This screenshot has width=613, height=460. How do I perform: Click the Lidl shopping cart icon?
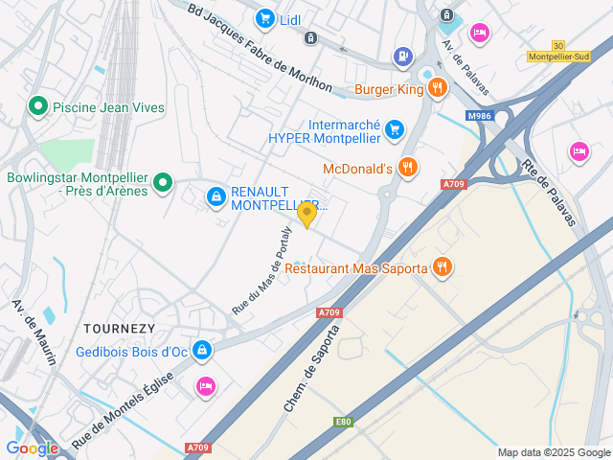(264, 18)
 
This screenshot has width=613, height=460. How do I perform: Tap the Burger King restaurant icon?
(438, 89)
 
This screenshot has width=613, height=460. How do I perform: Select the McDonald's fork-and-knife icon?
(408, 168)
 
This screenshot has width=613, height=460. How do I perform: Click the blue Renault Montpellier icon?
(216, 197)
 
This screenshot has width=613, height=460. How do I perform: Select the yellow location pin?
(306, 215)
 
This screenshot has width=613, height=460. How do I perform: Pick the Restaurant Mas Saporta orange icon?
(443, 267)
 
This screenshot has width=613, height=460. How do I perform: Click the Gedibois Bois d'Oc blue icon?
(202, 352)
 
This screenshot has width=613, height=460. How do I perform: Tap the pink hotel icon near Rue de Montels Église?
(205, 386)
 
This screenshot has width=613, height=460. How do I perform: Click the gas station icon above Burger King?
(402, 58)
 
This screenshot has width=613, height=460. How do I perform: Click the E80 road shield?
(343, 422)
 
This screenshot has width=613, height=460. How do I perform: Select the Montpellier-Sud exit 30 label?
(558, 51)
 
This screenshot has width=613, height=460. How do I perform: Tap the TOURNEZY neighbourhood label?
(119, 328)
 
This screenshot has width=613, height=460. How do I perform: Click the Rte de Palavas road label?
(549, 191)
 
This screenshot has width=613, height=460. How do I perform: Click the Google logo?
(32, 448)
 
